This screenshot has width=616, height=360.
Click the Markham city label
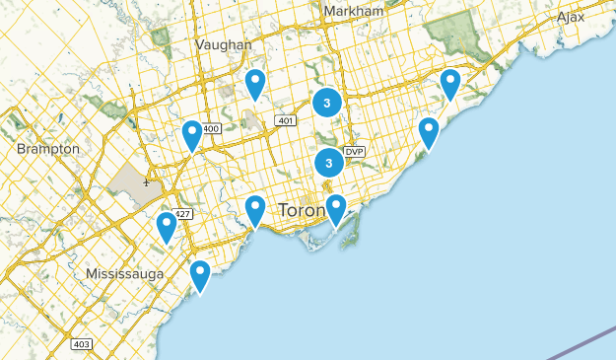[x=353, y=11]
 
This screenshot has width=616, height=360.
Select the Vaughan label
[x=224, y=44]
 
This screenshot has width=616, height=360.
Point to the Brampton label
[x=48, y=148]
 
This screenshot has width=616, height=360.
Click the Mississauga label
[x=124, y=273]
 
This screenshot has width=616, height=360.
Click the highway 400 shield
[x=210, y=129]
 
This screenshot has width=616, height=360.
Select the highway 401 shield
[x=286, y=121]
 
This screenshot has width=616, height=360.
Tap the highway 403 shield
[x=81, y=343]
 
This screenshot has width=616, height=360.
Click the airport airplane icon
[x=146, y=182]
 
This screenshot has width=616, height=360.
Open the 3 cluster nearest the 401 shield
[x=327, y=102]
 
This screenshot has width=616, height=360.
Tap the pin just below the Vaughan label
[x=255, y=83]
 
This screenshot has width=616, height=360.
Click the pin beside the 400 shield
[x=192, y=134]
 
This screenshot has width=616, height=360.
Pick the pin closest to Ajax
[x=450, y=83]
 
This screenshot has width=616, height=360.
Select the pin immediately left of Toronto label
[x=255, y=209]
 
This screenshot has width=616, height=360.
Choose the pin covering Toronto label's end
[x=336, y=208]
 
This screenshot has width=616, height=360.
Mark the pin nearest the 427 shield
[x=167, y=227]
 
